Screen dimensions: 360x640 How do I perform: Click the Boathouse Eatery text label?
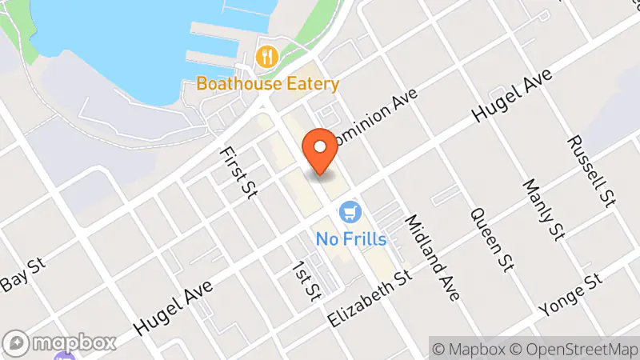click(x=267, y=83)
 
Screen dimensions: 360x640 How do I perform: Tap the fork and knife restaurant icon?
click(x=266, y=57)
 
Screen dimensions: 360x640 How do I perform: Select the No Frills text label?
click(x=350, y=238)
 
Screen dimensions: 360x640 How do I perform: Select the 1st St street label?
click(x=305, y=281)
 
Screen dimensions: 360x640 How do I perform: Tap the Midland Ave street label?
click(x=432, y=258)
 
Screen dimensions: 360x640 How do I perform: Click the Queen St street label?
click(x=491, y=239)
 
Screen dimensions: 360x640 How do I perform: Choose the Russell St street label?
click(x=591, y=169)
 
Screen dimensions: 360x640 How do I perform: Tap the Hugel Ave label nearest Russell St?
click(x=513, y=99)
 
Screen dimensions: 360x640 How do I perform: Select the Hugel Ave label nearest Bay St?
click(x=172, y=308)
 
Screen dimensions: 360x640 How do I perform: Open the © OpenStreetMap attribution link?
click(x=570, y=349)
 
